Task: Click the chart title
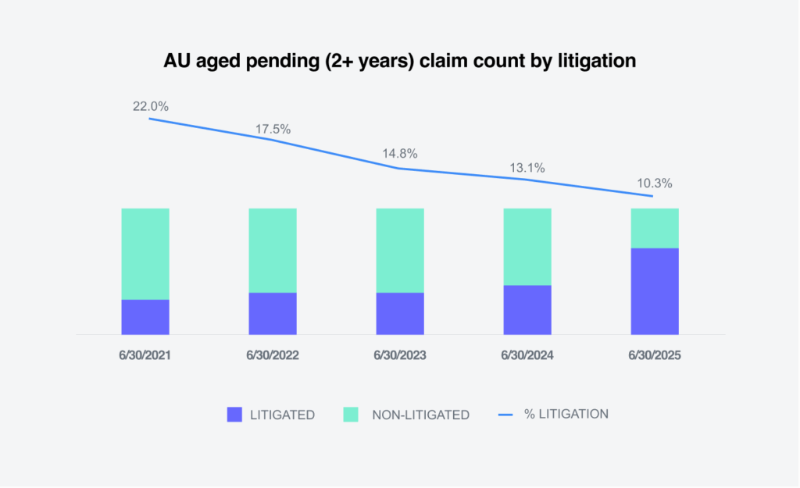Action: [399, 61]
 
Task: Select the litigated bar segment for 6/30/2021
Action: [145, 316]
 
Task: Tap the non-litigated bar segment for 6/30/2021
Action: [145, 254]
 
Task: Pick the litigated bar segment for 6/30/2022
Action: [273, 313]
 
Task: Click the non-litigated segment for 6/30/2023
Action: [400, 250]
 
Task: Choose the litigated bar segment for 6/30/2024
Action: [527, 309]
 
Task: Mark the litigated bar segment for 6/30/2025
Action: [655, 290]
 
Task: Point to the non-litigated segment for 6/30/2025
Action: [655, 228]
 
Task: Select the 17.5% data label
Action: [273, 129]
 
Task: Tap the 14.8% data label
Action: [400, 154]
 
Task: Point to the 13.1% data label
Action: [527, 167]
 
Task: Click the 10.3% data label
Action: [654, 183]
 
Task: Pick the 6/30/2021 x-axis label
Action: [145, 354]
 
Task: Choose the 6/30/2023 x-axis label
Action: [400, 354]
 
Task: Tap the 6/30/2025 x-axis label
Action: [655, 354]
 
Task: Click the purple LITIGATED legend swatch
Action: [234, 415]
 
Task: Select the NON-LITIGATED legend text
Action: [420, 415]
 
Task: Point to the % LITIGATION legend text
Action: [566, 414]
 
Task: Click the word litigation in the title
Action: [597, 61]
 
